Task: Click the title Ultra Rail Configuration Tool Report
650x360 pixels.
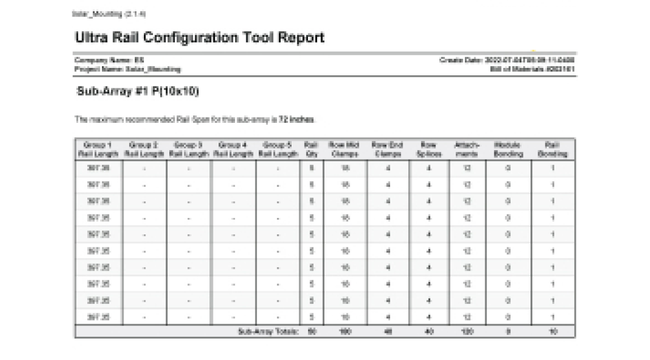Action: (x=199, y=38)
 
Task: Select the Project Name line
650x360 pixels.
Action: (x=127, y=68)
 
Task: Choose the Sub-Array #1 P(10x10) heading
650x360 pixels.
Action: (x=137, y=91)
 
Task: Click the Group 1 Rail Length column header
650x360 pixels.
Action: (x=97, y=149)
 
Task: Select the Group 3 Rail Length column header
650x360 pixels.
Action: (x=189, y=149)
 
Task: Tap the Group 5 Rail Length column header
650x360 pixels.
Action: (x=278, y=149)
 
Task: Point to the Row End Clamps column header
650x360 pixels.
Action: (x=387, y=149)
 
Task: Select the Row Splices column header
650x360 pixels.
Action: (x=428, y=149)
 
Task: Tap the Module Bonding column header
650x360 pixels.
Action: (x=508, y=149)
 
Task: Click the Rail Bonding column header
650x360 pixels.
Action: (x=553, y=149)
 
